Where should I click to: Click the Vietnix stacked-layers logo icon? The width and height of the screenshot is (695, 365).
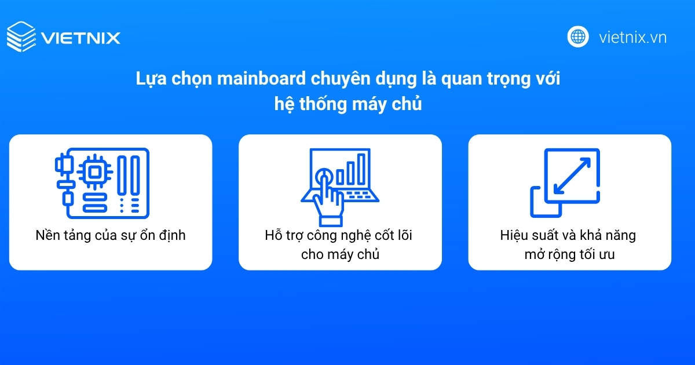pyautogui.click(x=21, y=37)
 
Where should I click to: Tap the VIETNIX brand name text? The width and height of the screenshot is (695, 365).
pyautogui.click(x=81, y=38)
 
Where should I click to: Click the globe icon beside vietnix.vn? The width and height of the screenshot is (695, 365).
pyautogui.click(x=577, y=36)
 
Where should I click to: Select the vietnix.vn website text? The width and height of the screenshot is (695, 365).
pyautogui.click(x=632, y=38)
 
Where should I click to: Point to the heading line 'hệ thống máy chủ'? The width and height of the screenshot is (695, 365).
pyautogui.click(x=348, y=105)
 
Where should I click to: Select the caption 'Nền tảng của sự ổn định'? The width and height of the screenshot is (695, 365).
pyautogui.click(x=110, y=236)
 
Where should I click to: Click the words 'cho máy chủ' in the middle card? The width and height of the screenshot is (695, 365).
pyautogui.click(x=340, y=254)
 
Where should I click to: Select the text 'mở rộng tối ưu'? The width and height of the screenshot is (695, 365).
pyautogui.click(x=570, y=254)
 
